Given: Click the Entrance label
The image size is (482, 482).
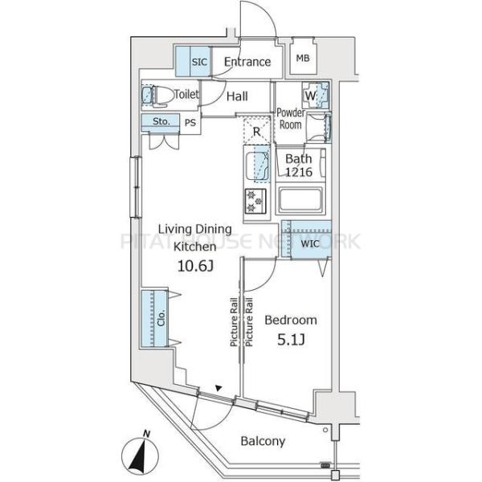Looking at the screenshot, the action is [247, 62].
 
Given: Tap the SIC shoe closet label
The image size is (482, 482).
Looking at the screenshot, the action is [199, 62].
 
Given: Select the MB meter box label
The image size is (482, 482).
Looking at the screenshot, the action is [303, 58].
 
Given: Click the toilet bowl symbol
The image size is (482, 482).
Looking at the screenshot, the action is [159, 96].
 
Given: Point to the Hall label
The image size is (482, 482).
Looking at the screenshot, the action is [237, 96].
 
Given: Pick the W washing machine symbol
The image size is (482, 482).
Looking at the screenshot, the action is [316, 96].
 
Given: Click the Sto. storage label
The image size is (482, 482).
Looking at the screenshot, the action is [161, 121].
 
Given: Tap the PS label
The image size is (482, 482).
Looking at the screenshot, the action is [190, 123].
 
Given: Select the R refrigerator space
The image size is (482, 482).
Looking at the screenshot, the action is [257, 131].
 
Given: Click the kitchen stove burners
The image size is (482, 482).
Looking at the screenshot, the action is [255, 202].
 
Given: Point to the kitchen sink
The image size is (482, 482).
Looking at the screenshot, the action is [257, 166].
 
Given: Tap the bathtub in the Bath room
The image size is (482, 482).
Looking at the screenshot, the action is [300, 199].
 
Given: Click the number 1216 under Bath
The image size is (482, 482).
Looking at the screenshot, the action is [299, 172].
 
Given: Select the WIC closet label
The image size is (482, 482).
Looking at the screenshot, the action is [310, 244].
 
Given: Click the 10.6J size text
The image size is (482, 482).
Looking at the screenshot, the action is [195, 266].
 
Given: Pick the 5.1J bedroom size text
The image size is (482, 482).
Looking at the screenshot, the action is [291, 341].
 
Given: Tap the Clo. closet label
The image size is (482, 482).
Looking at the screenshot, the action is [161, 318].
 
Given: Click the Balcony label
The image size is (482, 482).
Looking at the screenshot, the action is [263, 441].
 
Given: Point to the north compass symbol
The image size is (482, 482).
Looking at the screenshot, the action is [140, 454].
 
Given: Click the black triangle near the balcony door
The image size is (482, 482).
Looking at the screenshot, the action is [219, 388].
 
